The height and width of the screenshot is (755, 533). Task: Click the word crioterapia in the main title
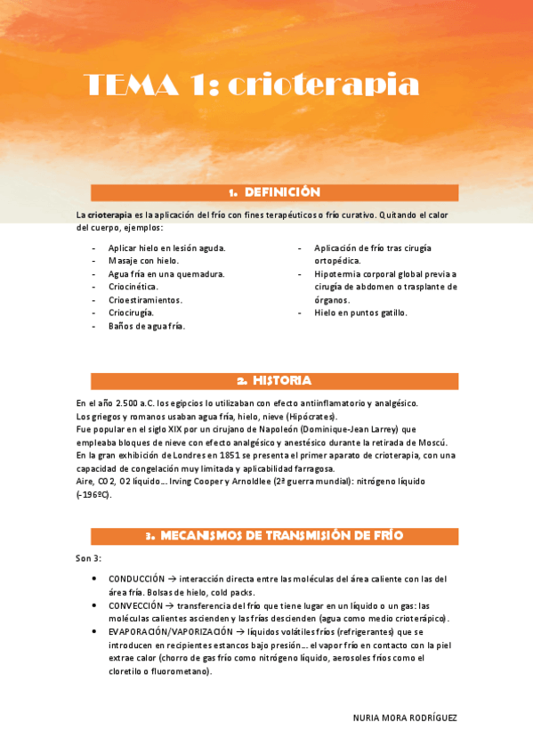click(322, 85)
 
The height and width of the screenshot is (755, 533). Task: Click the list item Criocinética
click(133, 287)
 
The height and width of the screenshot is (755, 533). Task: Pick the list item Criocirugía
click(131, 313)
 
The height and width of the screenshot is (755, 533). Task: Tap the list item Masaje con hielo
click(143, 261)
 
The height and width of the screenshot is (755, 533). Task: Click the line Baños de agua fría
click(146, 327)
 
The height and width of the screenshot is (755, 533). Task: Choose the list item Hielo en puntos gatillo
click(360, 313)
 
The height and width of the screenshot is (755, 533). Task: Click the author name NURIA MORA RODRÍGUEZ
click(405, 718)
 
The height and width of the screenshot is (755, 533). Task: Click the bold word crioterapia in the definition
click(109, 215)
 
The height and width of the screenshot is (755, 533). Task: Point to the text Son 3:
click(89, 559)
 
